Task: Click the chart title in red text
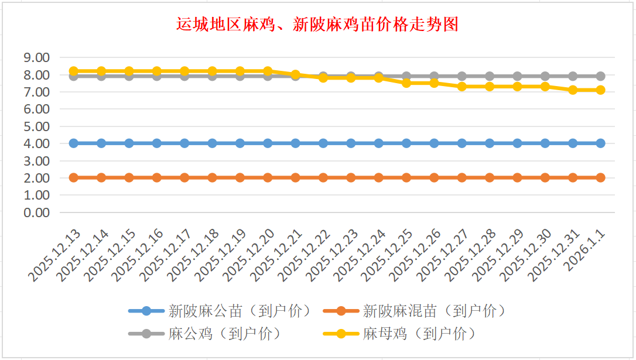(317, 25)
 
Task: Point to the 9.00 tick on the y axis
(36, 57)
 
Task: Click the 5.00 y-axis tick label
(36, 126)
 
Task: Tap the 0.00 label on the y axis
(36, 212)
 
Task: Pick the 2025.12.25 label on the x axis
(390, 254)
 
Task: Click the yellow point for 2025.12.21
(295, 75)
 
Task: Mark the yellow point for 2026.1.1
(600, 90)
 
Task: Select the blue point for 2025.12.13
(74, 143)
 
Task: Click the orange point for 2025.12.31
(573, 177)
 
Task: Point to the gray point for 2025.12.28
(490, 76)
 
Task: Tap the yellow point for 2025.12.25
(406, 83)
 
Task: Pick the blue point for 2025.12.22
(323, 143)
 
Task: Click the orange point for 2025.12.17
(184, 177)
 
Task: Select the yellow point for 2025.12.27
(461, 87)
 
